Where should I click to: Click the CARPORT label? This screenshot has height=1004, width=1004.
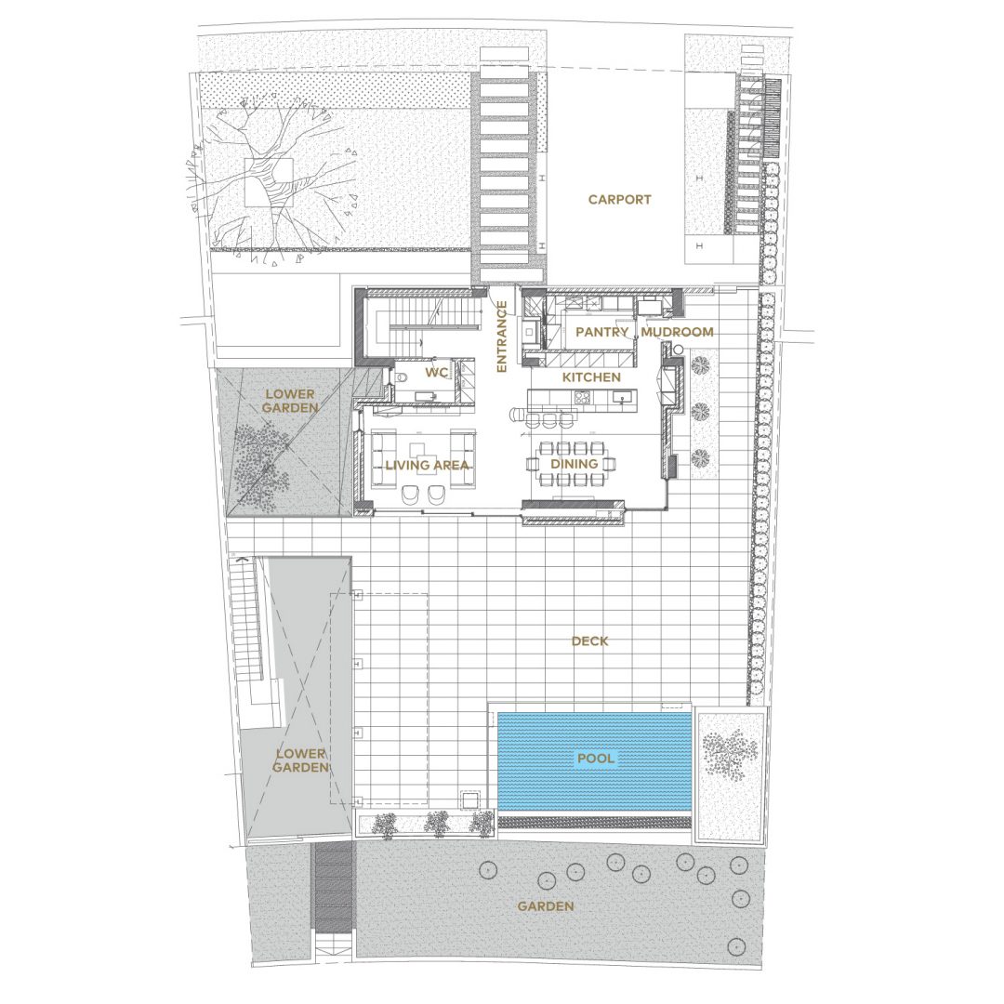[x=619, y=200]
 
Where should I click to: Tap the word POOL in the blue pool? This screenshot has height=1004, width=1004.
[x=596, y=759]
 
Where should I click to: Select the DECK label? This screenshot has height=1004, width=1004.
[x=589, y=641]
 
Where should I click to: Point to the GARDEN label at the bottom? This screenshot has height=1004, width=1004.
[x=546, y=906]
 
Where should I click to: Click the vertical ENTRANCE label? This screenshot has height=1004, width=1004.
[x=502, y=337]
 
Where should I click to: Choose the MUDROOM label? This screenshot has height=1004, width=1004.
[x=677, y=332]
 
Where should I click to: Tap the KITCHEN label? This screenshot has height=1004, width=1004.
[x=591, y=377]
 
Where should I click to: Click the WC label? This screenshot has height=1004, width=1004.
[x=436, y=373]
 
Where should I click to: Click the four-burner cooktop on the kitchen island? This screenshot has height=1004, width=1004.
[x=583, y=397]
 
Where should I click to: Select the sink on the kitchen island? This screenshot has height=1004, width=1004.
[x=622, y=398]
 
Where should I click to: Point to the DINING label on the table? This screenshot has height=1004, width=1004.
[x=575, y=464]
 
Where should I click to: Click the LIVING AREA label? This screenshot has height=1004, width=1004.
[x=427, y=466]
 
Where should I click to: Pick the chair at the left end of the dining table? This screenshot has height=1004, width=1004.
[x=532, y=463]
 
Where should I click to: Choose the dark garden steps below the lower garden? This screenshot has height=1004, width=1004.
[x=332, y=887]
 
